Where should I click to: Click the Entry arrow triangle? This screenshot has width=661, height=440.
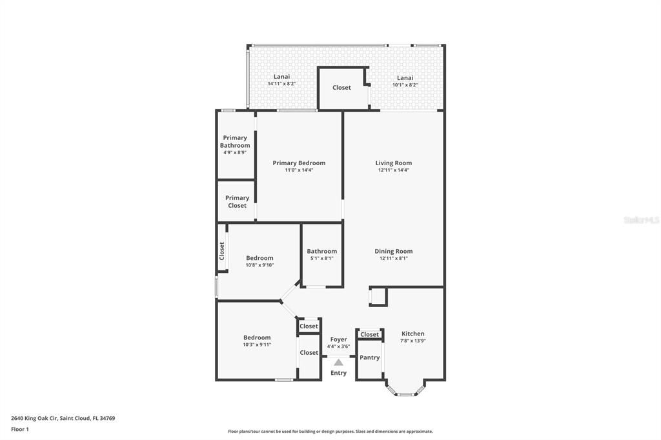338,363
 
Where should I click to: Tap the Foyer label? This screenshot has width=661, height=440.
338,339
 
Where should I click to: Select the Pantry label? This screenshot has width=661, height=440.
370,357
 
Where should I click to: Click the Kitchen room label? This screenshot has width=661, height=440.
413,334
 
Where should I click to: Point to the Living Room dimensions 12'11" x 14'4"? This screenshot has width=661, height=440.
394,170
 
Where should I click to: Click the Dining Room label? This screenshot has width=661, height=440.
394,251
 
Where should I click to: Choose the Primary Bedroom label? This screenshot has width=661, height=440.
299,163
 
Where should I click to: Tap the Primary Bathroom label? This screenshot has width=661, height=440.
235,141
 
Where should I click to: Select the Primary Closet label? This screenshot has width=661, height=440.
237,202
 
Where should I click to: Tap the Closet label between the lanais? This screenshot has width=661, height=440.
341,88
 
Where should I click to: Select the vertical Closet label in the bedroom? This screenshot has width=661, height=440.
221,250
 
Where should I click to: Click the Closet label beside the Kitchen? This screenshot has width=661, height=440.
370,334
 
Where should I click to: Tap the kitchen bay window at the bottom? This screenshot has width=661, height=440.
405,392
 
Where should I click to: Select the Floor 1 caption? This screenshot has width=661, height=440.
20,429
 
